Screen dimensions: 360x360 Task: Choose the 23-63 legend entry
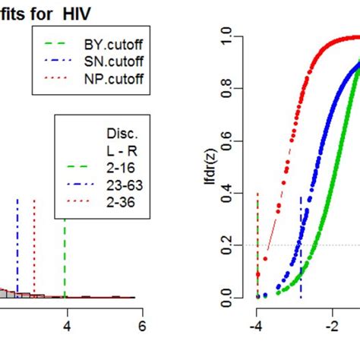click(122, 184)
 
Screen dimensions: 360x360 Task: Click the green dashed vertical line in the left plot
click(65, 251)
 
